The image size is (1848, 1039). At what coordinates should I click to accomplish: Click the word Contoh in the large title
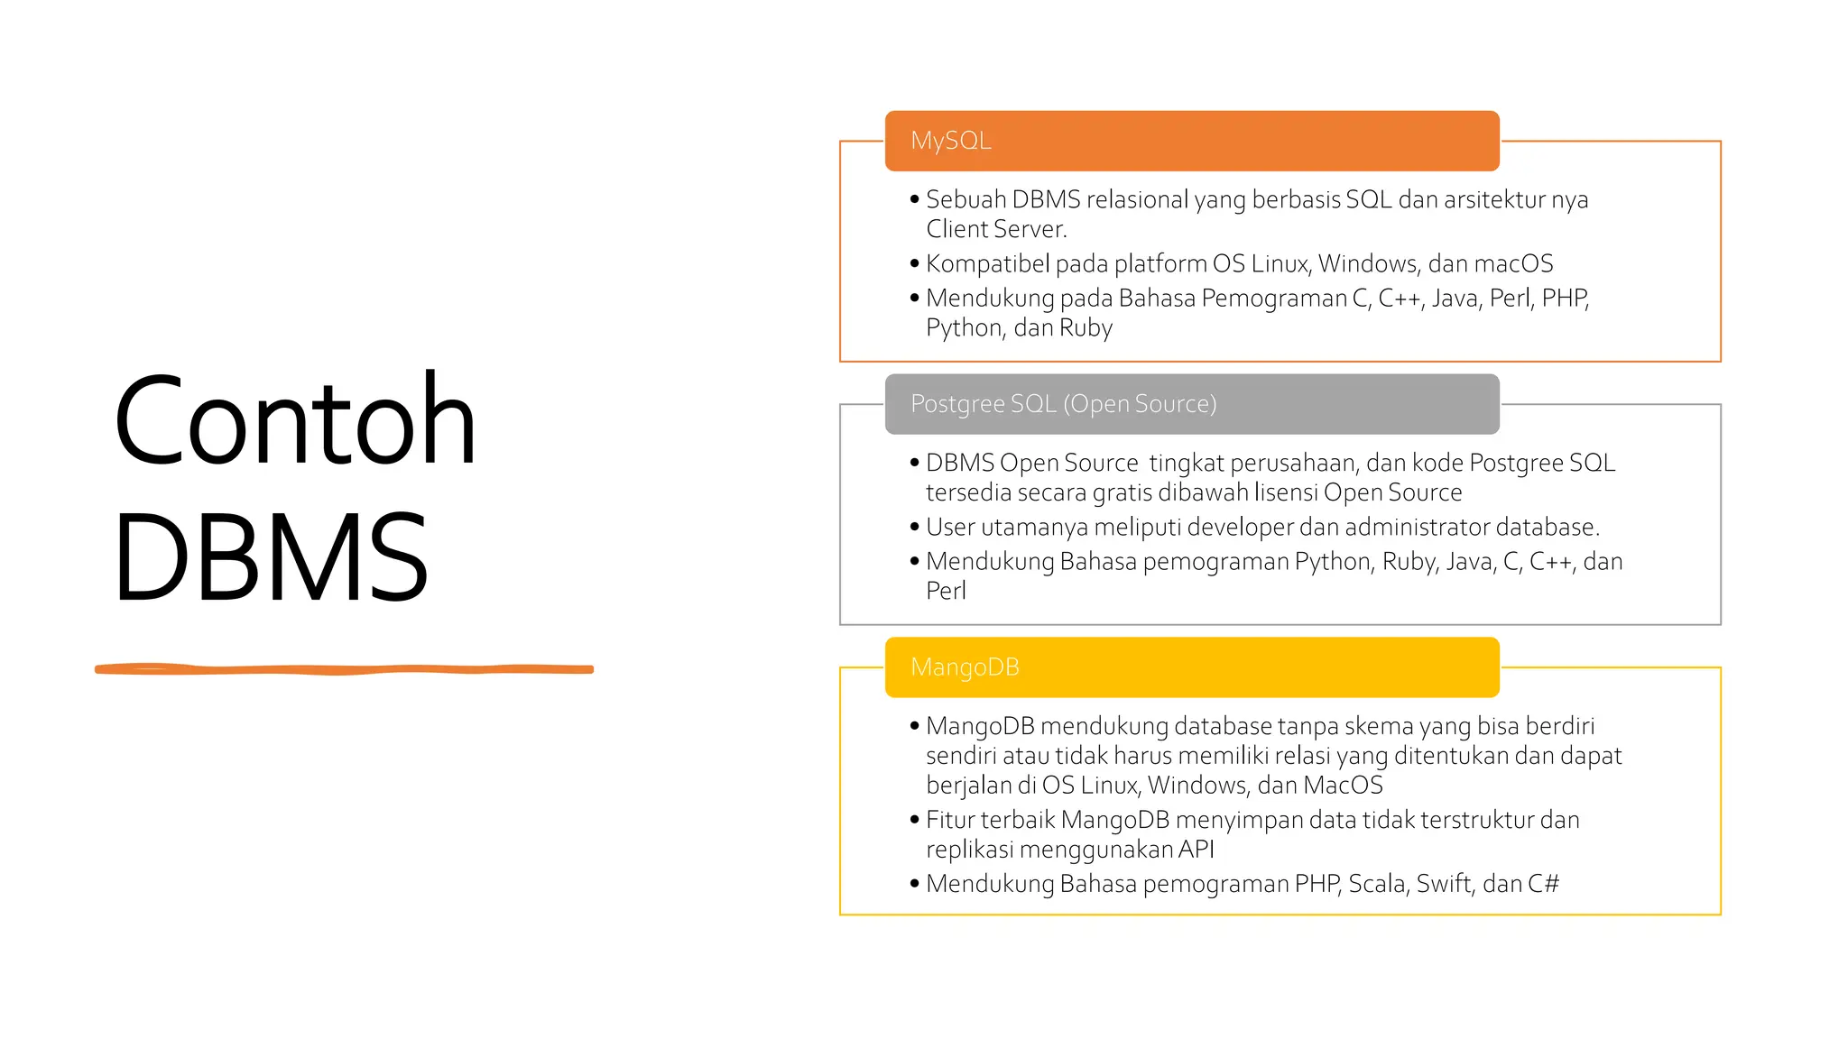coord(294,421)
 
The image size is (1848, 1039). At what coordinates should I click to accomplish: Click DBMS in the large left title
coord(271,557)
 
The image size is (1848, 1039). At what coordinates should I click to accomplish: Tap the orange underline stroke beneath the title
coord(344,669)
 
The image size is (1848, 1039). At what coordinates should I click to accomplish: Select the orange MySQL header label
coord(951,141)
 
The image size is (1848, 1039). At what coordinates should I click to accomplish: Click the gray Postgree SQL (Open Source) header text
coord(1063,404)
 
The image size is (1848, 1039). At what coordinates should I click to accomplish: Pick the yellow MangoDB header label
coord(965,667)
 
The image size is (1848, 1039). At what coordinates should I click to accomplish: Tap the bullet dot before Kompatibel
coord(914,263)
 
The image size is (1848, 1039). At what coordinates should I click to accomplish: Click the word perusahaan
coord(1294,463)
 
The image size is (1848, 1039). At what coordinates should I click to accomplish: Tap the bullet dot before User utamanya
coord(914,527)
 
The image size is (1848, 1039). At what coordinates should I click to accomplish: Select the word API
coord(1197,850)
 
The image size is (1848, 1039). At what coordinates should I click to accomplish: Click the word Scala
coord(1377,884)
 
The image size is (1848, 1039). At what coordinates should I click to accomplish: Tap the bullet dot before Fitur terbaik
coord(914,820)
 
